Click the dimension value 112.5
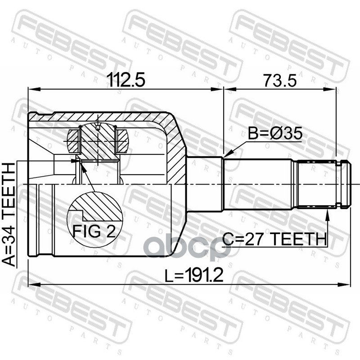pos(126,80)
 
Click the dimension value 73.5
pos(279,81)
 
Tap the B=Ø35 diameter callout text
pos(275,133)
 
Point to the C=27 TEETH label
pos(274,239)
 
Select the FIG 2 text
pos(94,231)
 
